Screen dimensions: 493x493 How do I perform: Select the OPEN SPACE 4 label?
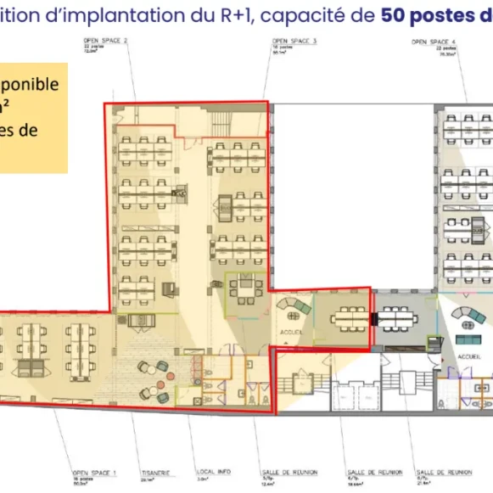(x=429, y=41)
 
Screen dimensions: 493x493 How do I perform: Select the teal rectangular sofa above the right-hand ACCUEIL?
(x=468, y=339)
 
